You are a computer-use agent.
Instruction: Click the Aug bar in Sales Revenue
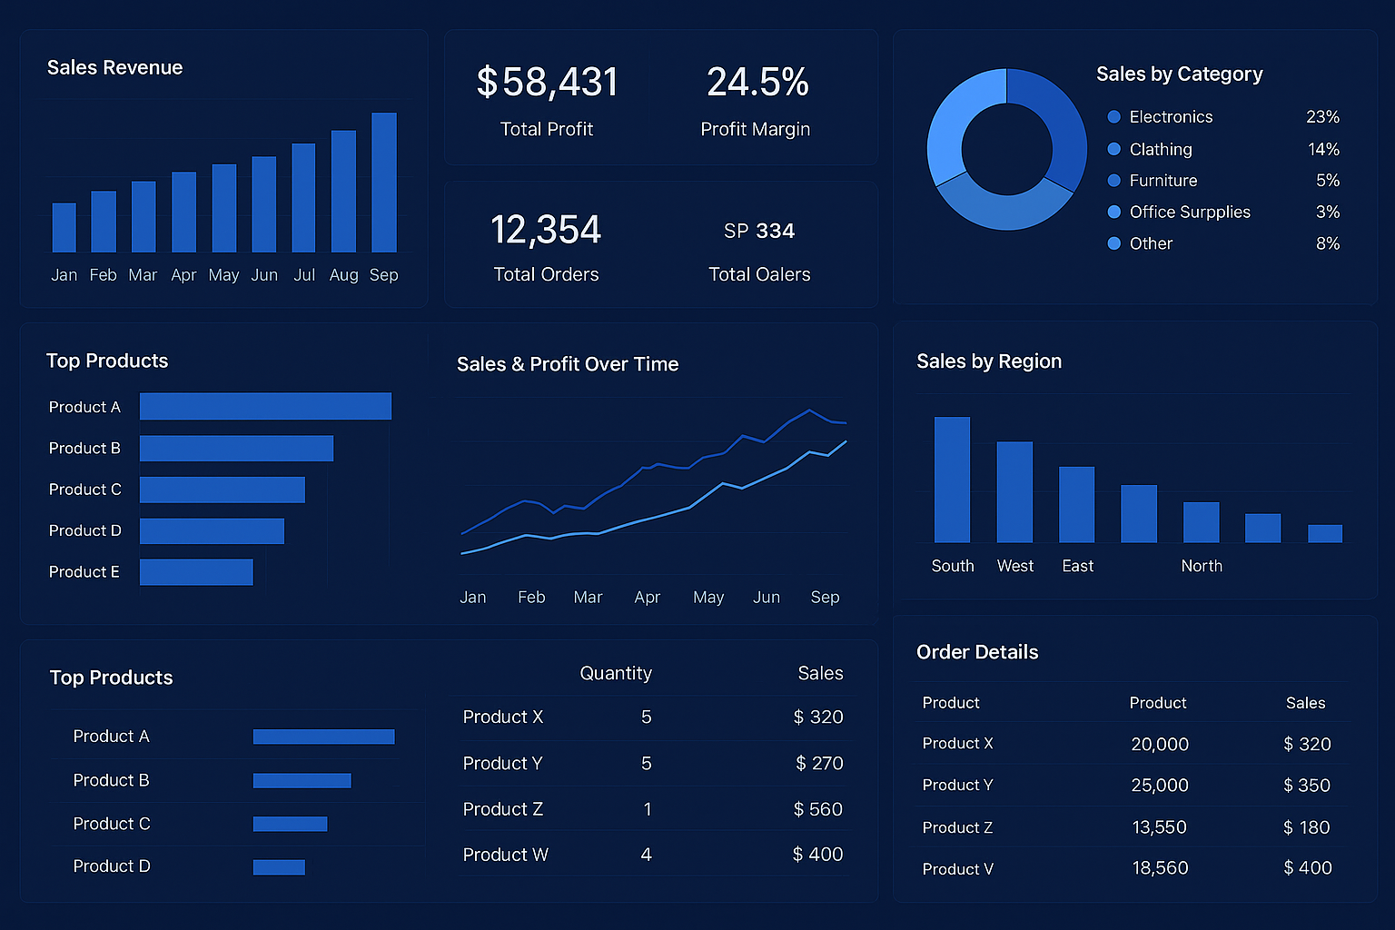[343, 192]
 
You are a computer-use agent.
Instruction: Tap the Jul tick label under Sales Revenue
[304, 275]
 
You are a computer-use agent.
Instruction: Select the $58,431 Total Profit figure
[547, 83]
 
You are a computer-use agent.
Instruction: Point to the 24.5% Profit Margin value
[757, 83]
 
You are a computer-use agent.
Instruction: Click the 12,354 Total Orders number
[546, 230]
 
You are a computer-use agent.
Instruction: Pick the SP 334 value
[759, 232]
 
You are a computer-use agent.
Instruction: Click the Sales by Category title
[1179, 74]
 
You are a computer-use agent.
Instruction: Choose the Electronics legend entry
[1170, 117]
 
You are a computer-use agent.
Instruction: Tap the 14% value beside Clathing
[1323, 149]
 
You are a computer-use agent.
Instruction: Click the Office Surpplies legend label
[1189, 213]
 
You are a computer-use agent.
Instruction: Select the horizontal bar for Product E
[196, 572]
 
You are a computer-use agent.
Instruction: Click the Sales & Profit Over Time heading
[568, 364]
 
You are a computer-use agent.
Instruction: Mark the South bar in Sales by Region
[952, 480]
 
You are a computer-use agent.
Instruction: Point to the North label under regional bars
[1202, 566]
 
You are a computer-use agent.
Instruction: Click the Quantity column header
[616, 673]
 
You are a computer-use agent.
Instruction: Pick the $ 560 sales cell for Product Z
[817, 809]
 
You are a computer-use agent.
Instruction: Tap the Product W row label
[505, 855]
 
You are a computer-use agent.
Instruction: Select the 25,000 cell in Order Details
[1160, 786]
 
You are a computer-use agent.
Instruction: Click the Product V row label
[957, 869]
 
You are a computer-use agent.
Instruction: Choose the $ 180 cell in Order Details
[1306, 827]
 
